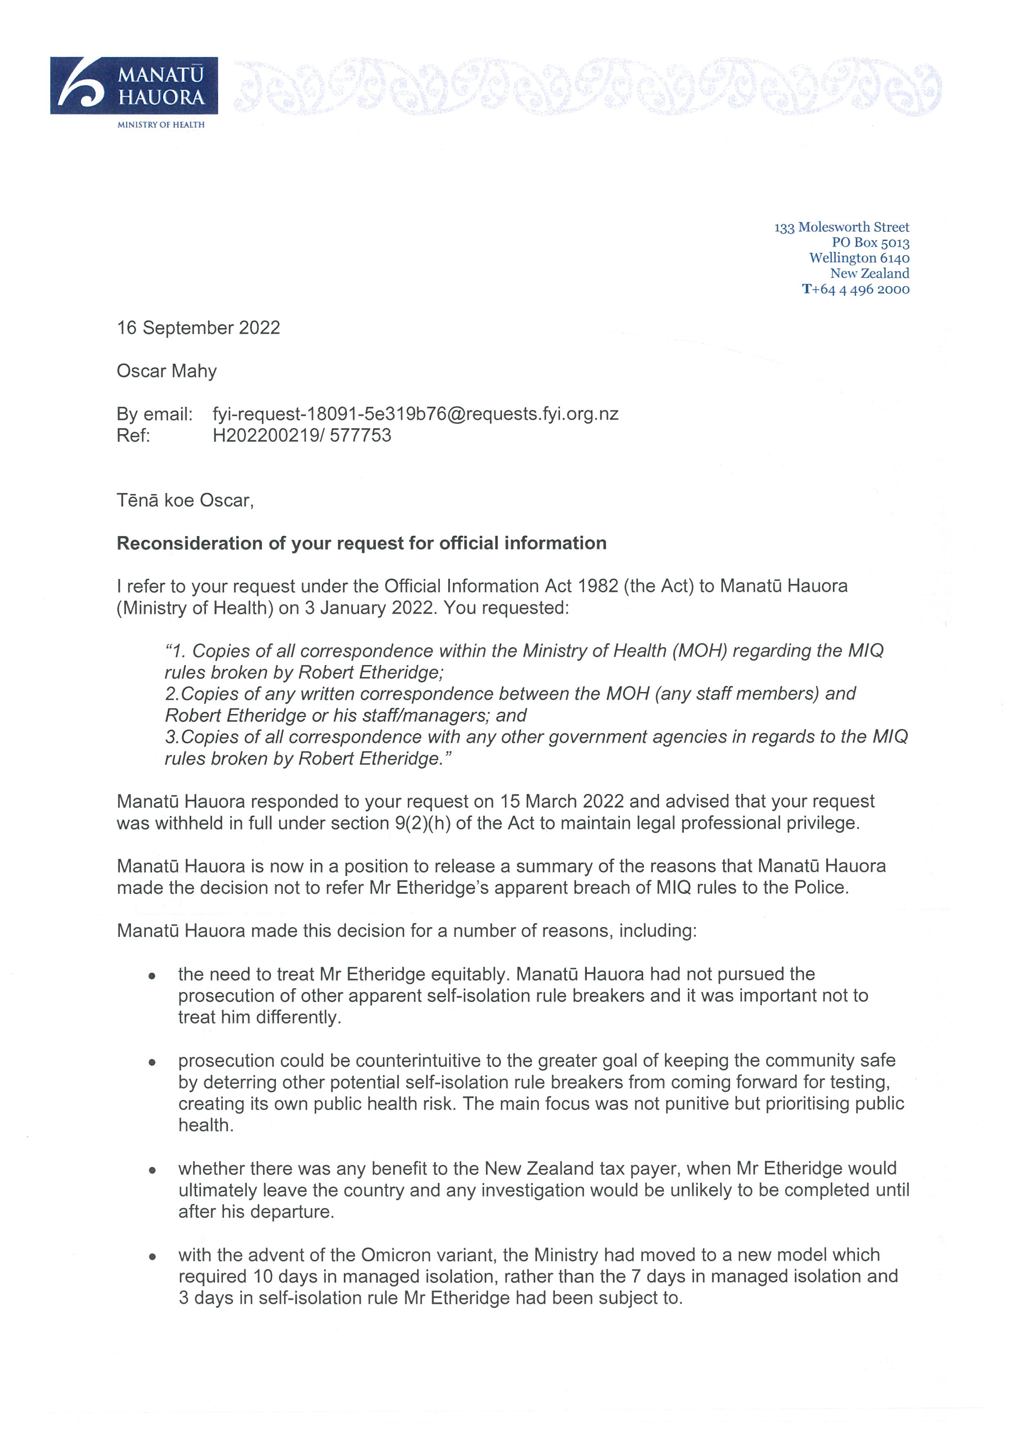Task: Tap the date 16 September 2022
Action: (x=198, y=328)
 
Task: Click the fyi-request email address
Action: (x=415, y=414)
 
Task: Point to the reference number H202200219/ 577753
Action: (x=302, y=435)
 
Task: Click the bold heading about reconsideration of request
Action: (x=361, y=543)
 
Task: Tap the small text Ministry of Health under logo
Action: (x=161, y=125)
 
